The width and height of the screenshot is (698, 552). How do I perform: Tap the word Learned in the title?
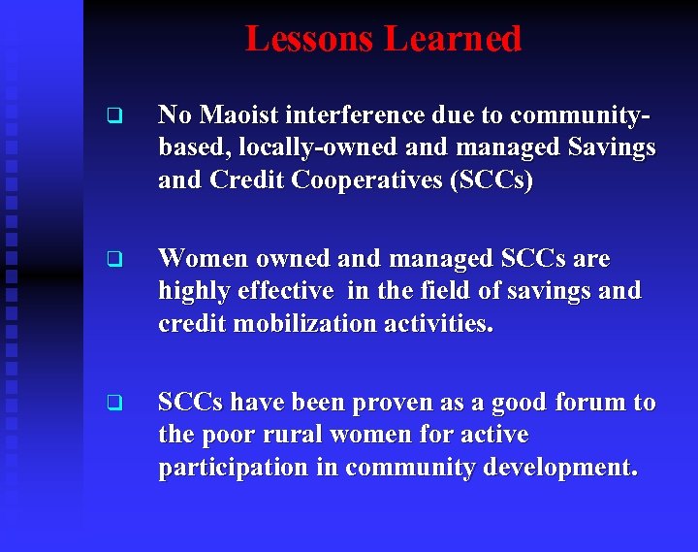(x=453, y=39)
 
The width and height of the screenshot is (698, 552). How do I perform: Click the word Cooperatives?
(x=384, y=179)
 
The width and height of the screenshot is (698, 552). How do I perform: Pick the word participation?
(x=227, y=467)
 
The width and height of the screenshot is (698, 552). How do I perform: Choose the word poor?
(x=227, y=435)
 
